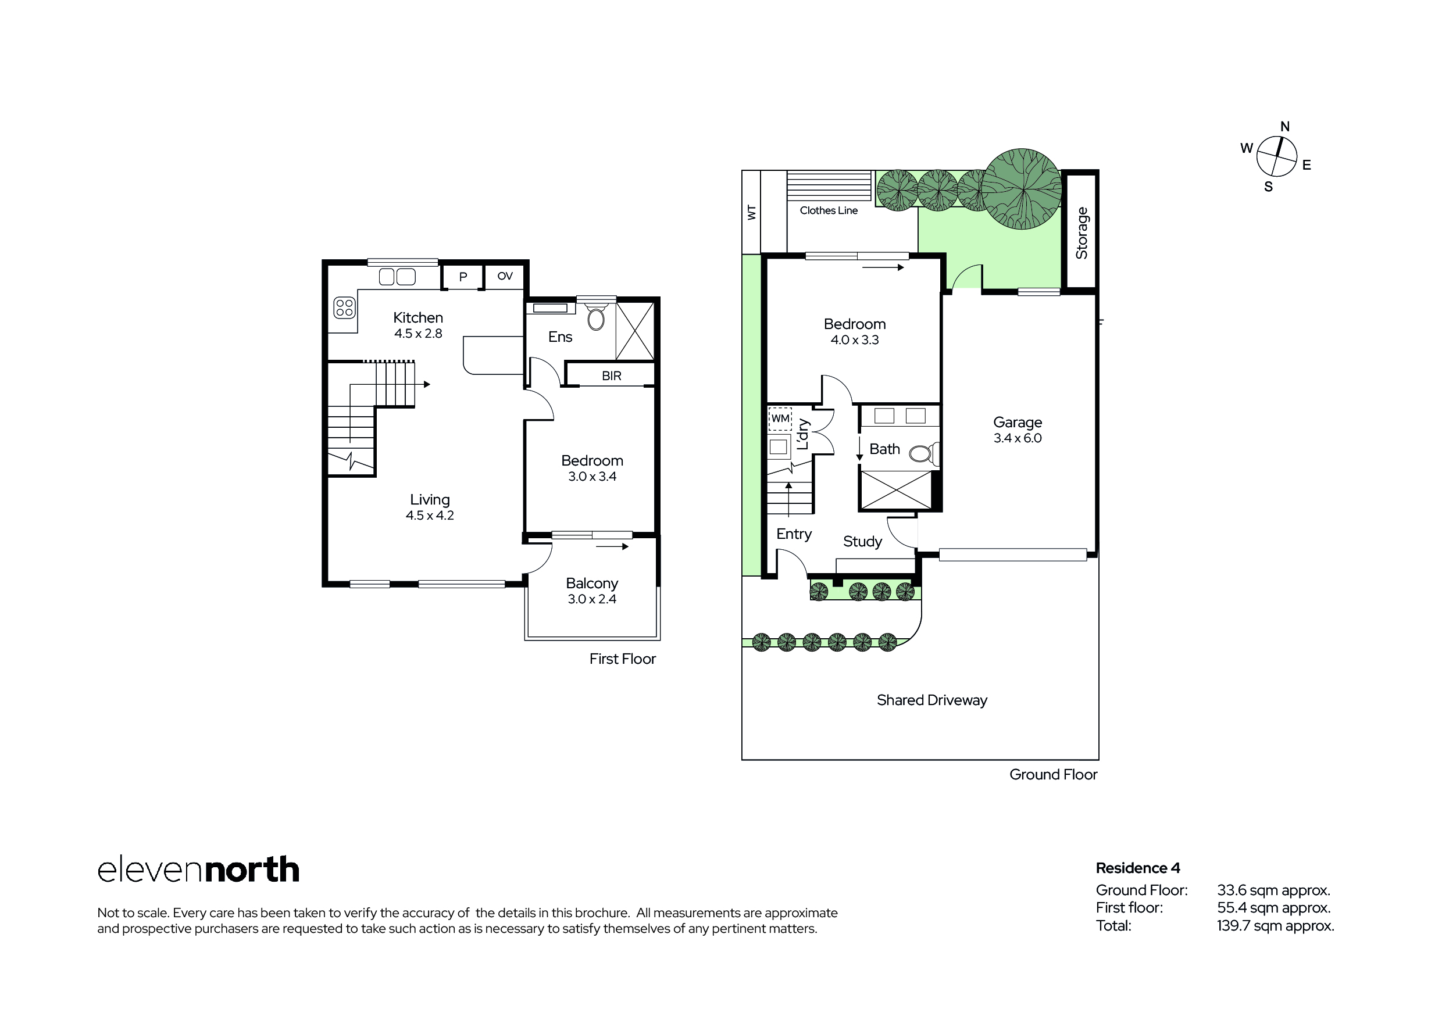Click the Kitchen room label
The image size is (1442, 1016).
click(x=417, y=318)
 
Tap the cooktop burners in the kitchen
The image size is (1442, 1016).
click(x=344, y=307)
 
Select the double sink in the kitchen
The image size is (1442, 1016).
click(x=397, y=276)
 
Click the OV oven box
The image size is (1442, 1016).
click(x=505, y=276)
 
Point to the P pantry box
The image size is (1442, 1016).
click(x=463, y=277)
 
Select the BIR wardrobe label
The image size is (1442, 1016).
click(x=611, y=376)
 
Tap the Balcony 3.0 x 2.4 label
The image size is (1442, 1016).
click(x=592, y=591)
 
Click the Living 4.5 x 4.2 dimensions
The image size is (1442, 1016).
click(x=430, y=516)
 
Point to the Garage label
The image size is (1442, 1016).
click(x=1018, y=423)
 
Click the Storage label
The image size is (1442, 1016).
click(x=1081, y=233)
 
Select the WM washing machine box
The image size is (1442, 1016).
click(x=780, y=419)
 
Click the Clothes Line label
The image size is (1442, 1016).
click(x=829, y=210)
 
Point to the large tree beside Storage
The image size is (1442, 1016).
click(x=1022, y=189)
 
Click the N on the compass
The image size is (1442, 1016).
click(x=1285, y=126)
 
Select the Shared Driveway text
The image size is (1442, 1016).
click(x=932, y=700)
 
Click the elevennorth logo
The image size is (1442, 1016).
click(x=198, y=870)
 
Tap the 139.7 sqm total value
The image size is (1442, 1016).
click(x=1275, y=925)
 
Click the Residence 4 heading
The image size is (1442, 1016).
click(x=1138, y=868)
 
